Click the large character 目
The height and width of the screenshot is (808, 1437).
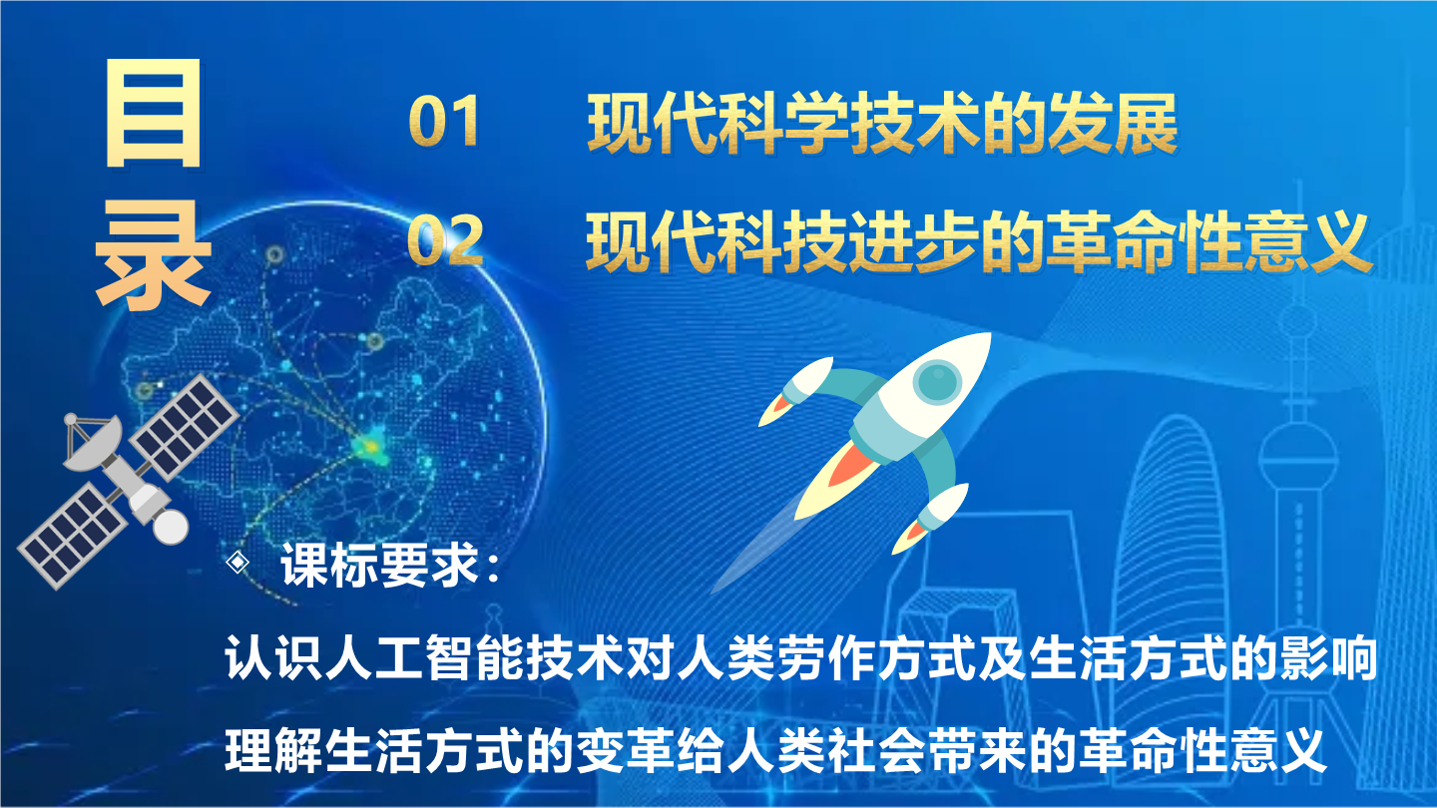pyautogui.click(x=154, y=114)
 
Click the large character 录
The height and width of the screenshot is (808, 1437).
pyautogui.click(x=153, y=254)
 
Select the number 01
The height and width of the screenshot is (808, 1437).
pyautogui.click(x=445, y=121)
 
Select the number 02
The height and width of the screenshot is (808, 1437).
pyautogui.click(x=445, y=238)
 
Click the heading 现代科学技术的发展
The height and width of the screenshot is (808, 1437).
pyautogui.click(x=883, y=123)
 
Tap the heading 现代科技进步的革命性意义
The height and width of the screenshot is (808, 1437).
pyautogui.click(x=979, y=241)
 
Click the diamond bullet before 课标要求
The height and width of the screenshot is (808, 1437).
pyautogui.click(x=238, y=563)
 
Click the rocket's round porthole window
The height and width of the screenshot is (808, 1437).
pyautogui.click(x=937, y=380)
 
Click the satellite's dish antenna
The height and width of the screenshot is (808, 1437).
pyautogui.click(x=92, y=443)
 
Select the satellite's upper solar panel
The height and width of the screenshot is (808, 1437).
pyautogui.click(x=184, y=427)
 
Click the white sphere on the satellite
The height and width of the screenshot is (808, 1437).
pyautogui.click(x=171, y=527)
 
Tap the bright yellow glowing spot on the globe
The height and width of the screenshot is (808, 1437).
pyautogui.click(x=371, y=445)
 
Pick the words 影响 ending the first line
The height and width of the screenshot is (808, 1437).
pyautogui.click(x=1328, y=658)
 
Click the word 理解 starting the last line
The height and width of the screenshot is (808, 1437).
pyautogui.click(x=273, y=750)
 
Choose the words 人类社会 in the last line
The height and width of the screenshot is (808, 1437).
pyautogui.click(x=828, y=750)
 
